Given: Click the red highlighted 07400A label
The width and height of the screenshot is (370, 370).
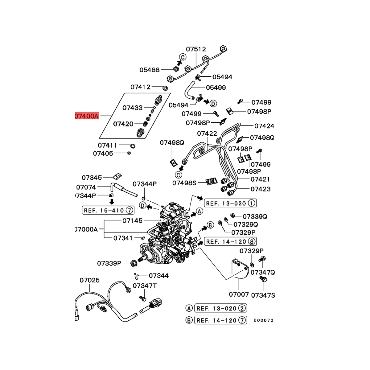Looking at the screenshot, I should [87, 116].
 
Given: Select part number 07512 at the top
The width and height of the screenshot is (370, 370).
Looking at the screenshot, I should [196, 49].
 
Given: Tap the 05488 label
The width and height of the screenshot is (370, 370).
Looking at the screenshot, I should [150, 70].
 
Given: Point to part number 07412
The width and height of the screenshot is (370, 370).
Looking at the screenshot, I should [140, 87].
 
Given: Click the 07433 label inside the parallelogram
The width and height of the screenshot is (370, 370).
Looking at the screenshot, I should [133, 108].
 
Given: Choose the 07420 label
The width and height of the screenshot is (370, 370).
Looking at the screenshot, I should [123, 124].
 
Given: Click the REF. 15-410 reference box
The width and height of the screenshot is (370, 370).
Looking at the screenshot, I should [108, 211].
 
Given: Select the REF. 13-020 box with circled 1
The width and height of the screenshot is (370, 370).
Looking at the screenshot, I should [230, 203].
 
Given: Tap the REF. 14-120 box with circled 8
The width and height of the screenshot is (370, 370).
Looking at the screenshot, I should [230, 241].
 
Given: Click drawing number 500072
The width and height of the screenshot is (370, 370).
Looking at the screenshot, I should [263, 321].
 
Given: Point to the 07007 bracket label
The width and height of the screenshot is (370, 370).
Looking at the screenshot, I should [239, 294].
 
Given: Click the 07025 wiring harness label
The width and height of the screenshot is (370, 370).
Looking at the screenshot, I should [90, 280].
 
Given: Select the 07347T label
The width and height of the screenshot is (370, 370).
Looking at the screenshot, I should [145, 286].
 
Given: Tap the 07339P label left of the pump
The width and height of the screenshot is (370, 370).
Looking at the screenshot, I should [109, 263].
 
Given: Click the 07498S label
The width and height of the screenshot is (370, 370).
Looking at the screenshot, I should [184, 183].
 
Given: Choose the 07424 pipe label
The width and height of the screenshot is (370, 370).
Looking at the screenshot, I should [264, 126].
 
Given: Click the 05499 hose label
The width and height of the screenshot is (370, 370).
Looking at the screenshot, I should [216, 88].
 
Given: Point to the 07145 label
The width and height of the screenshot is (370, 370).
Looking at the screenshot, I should [133, 220].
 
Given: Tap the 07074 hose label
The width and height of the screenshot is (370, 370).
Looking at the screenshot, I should [86, 187].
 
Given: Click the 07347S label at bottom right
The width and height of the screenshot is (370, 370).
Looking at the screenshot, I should [263, 295].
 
